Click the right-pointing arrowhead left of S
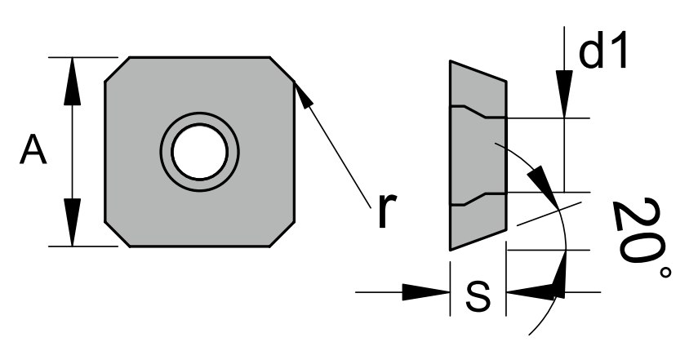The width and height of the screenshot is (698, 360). pos(429,291)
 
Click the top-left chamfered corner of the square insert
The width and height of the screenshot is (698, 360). pos(116,69)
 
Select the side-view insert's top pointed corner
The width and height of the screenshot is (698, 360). pos(451,63)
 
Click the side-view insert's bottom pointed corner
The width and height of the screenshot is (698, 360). pos(451,247)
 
